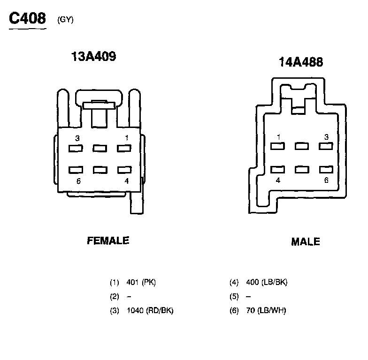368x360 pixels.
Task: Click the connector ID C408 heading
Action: coord(27,18)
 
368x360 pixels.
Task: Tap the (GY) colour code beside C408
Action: coord(66,20)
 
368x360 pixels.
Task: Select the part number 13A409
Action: coord(94,56)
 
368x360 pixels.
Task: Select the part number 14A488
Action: coord(301,62)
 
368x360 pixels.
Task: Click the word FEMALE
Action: coord(108,241)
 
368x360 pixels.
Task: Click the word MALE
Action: coord(306,242)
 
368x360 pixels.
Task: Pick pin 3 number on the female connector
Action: coord(77,138)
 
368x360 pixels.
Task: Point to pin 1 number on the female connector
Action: coord(127,138)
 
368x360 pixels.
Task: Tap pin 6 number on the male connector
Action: coord(326,180)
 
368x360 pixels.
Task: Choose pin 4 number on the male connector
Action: coord(278,180)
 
